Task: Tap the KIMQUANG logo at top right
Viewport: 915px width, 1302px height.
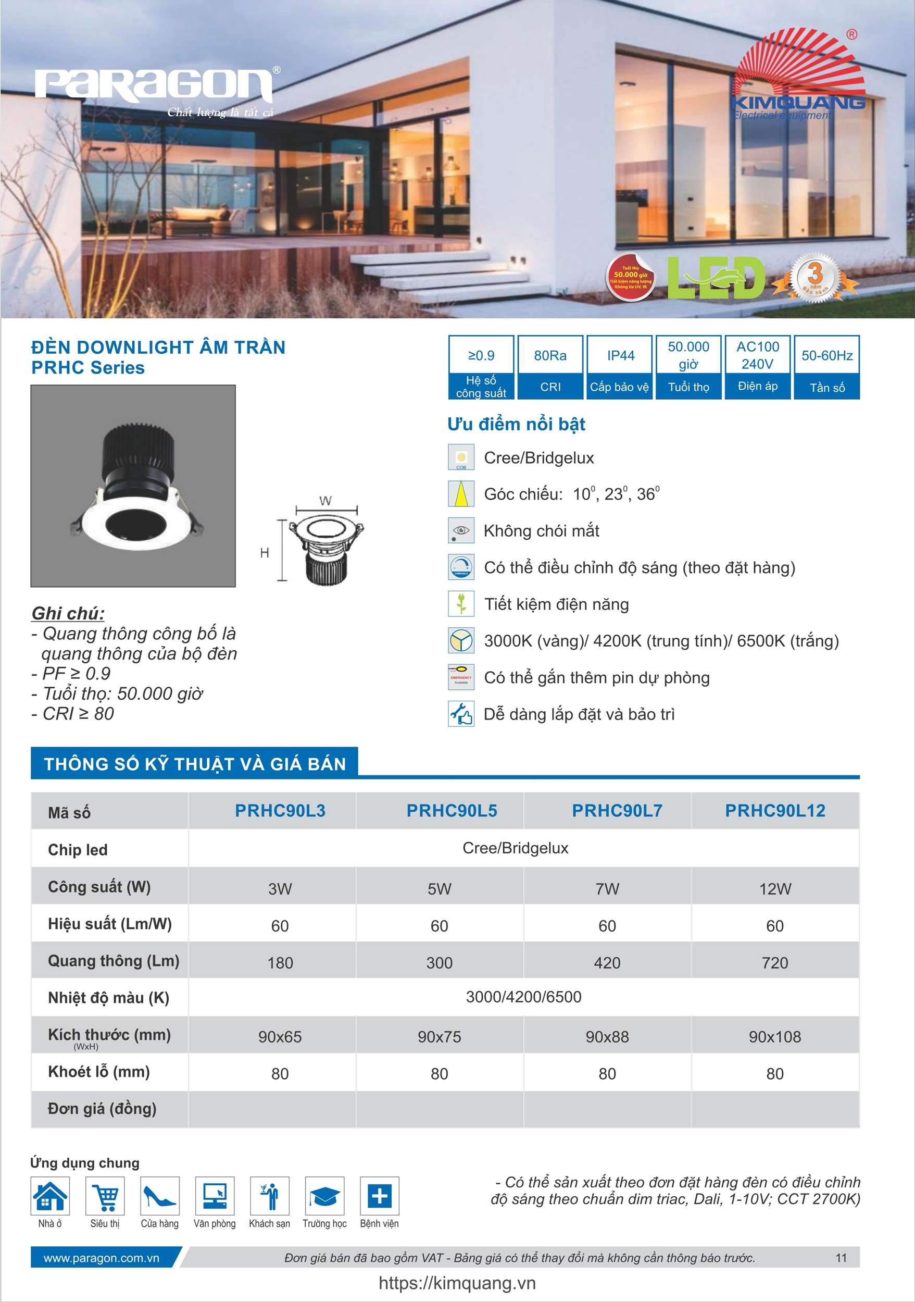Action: pos(798,79)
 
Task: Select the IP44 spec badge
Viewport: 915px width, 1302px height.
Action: pos(620,367)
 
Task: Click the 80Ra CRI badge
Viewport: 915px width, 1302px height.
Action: pos(550,367)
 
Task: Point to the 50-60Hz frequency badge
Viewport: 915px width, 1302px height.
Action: pos(826,367)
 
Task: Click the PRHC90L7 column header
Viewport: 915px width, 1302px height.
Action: pos(617,810)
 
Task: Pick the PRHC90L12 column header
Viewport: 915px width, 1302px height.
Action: pos(775,810)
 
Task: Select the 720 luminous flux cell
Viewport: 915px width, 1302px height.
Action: pos(775,963)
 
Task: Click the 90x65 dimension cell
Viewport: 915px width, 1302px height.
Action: pos(280,1037)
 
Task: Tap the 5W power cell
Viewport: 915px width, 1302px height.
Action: pos(440,889)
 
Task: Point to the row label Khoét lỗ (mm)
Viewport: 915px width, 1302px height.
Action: pos(99,1071)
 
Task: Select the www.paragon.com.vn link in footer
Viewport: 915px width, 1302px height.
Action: pos(102,1258)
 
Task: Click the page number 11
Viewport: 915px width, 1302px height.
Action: pos(841,1258)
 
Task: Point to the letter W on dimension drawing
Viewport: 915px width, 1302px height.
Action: pos(325,501)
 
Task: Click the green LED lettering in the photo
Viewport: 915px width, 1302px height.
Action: pos(715,278)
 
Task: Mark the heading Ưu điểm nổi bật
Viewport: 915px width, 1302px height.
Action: pos(516,424)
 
